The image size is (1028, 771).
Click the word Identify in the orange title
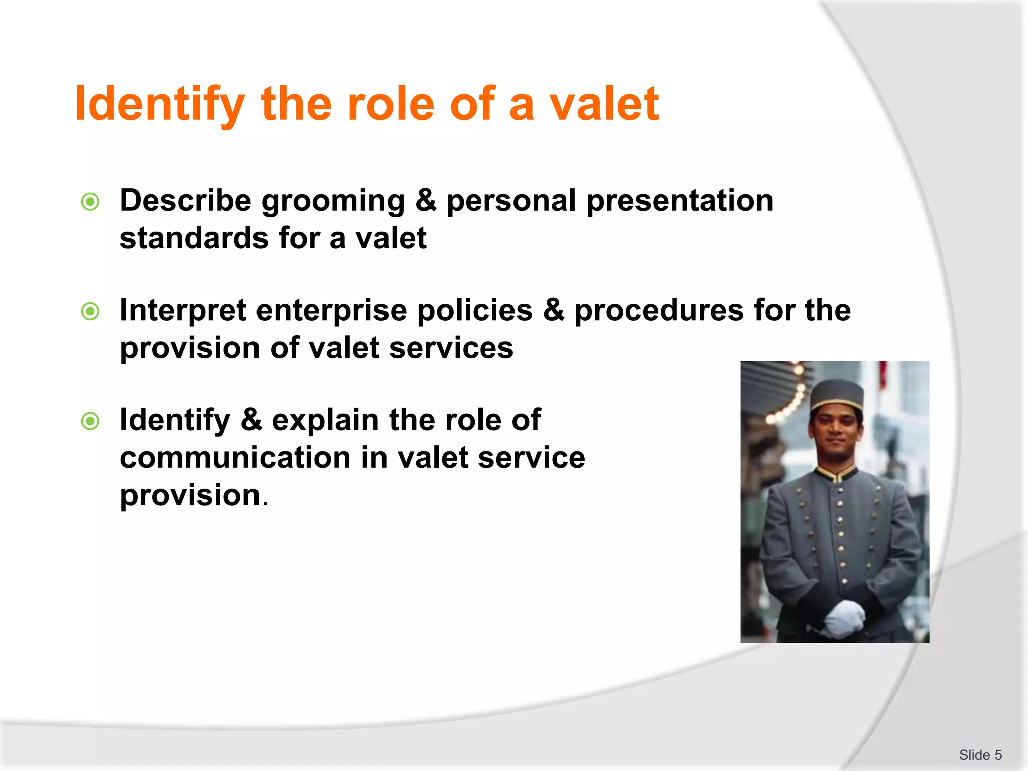pyautogui.click(x=160, y=105)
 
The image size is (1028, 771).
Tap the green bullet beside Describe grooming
pyautogui.click(x=90, y=202)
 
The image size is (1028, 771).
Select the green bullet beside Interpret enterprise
pyautogui.click(x=90, y=312)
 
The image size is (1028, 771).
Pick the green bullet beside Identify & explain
pyautogui.click(x=90, y=421)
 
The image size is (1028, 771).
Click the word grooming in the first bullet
pyautogui.click(x=333, y=202)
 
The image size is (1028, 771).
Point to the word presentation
pyautogui.click(x=680, y=202)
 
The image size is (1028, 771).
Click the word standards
pyautogui.click(x=194, y=238)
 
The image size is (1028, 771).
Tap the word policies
pyautogui.click(x=475, y=310)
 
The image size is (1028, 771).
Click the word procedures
pyautogui.click(x=659, y=310)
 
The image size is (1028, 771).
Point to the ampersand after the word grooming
pyautogui.click(x=426, y=201)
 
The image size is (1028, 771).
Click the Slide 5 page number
pyautogui.click(x=980, y=755)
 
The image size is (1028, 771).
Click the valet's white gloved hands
pyautogui.click(x=844, y=617)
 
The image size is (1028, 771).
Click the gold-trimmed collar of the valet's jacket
pyautogui.click(x=836, y=473)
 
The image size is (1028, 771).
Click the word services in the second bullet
pyautogui.click(x=451, y=348)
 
